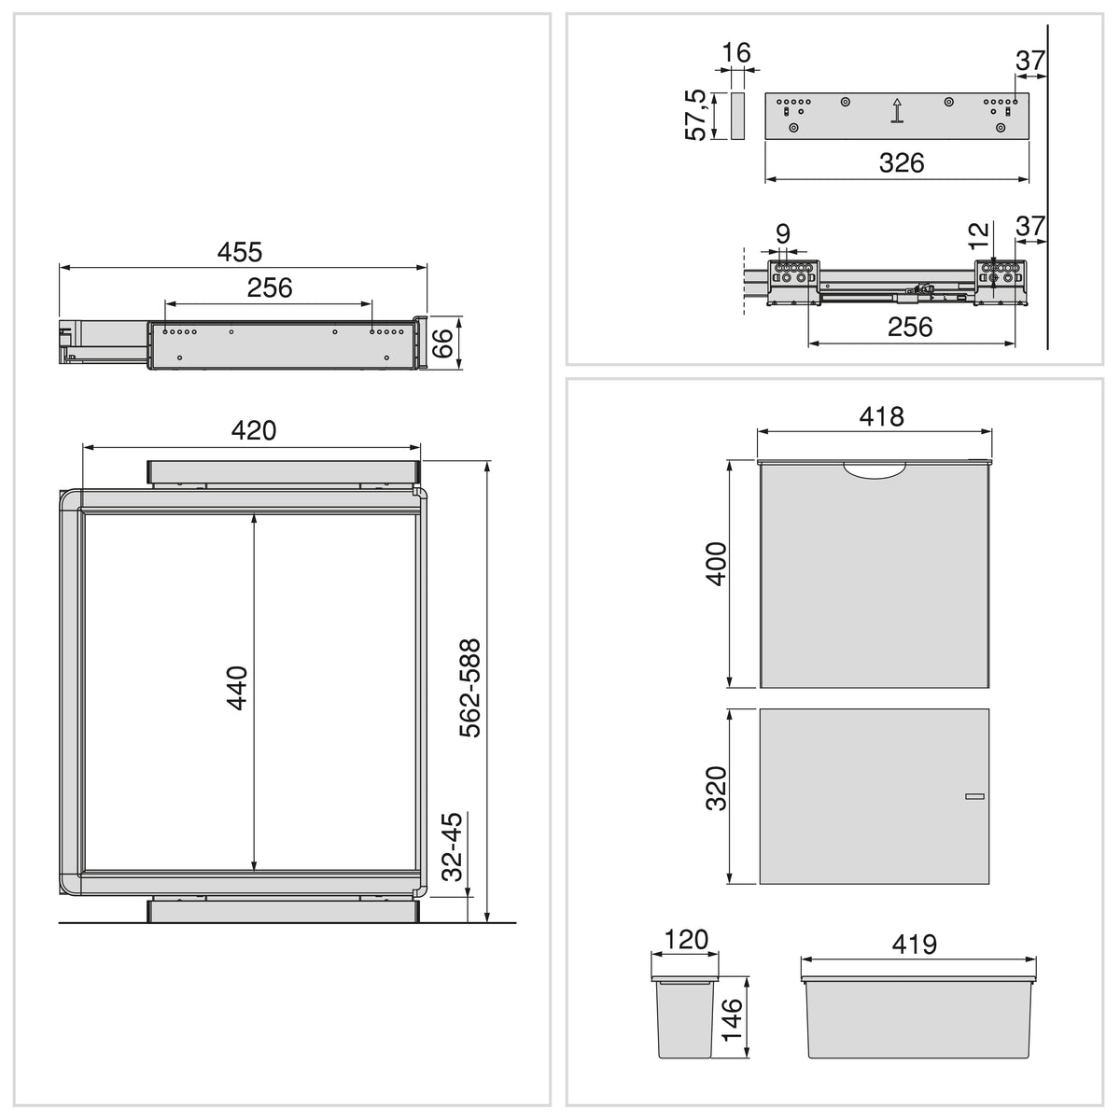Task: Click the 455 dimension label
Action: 240,252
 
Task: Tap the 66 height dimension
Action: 442,343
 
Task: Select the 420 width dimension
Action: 254,430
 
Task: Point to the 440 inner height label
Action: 236,688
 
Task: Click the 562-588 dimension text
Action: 469,688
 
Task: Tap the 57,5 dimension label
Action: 695,115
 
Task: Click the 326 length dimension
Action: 902,163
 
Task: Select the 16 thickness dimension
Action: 736,53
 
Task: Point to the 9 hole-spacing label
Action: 783,233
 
